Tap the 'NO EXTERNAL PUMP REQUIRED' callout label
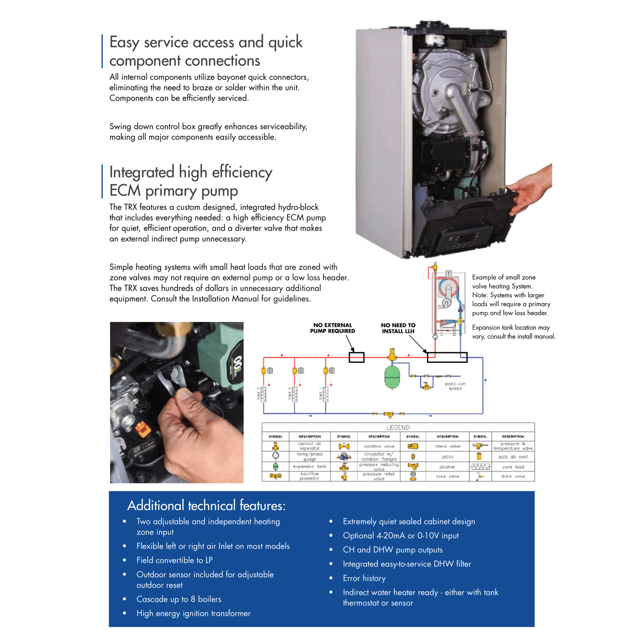(x=332, y=328)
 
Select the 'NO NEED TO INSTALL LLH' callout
(x=398, y=328)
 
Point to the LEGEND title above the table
(x=398, y=427)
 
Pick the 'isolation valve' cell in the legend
(x=379, y=446)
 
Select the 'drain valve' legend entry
(x=513, y=476)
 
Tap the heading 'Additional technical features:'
(x=206, y=506)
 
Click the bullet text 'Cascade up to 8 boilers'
(x=179, y=599)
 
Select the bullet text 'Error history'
(x=364, y=578)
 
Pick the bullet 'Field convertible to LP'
(x=174, y=560)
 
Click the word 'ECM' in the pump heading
(x=125, y=191)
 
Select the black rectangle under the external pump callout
(x=356, y=357)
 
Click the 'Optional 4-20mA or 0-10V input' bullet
(x=401, y=536)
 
